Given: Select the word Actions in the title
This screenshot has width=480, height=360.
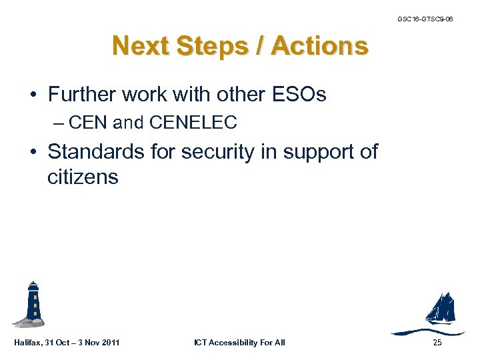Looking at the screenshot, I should click(320, 46).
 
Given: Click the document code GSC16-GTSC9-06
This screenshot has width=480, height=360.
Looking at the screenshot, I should click(425, 19).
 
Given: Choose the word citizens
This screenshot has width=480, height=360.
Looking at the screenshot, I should click(83, 177).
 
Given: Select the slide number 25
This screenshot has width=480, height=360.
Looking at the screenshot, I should click(437, 343).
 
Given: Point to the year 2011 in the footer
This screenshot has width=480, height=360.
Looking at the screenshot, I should click(111, 343).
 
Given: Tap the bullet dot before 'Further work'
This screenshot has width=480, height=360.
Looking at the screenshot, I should click(33, 95).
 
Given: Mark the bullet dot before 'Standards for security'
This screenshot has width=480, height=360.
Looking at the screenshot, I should click(33, 152).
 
